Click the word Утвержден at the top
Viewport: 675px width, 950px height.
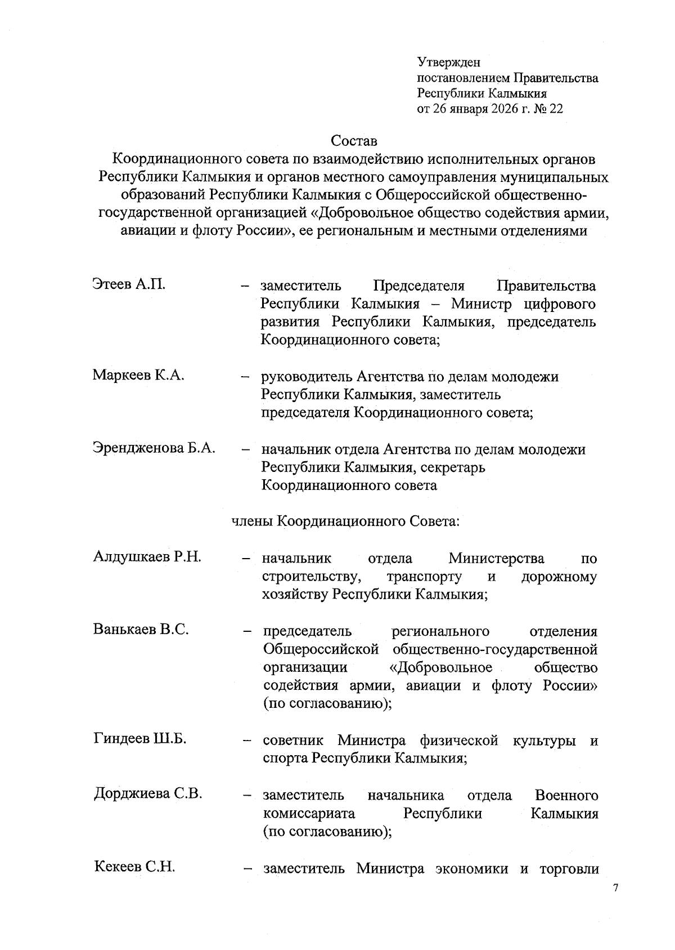[x=448, y=63]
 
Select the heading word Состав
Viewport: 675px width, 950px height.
[x=353, y=140]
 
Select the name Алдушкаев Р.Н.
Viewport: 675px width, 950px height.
[x=147, y=557]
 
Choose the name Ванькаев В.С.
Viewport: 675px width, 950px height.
[x=141, y=630]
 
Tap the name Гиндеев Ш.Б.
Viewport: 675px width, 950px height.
[x=139, y=739]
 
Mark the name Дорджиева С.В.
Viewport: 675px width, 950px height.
[x=147, y=793]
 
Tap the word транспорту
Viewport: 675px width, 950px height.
[x=424, y=577]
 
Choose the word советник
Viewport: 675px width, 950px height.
[x=292, y=741]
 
